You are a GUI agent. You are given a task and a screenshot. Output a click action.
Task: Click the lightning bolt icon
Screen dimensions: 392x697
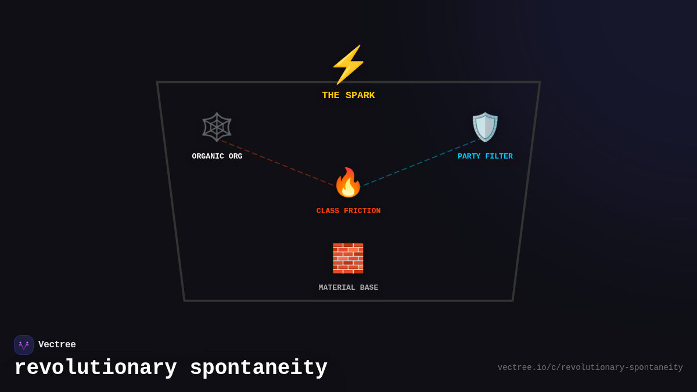coord(348,64)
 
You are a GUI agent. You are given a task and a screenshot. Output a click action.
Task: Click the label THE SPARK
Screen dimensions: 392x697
coord(348,96)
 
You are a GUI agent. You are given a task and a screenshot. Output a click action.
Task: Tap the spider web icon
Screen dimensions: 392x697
coord(217,127)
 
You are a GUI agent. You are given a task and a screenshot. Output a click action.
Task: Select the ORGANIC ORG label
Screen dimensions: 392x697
coord(217,156)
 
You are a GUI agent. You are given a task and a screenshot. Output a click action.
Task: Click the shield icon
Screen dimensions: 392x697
coord(485,127)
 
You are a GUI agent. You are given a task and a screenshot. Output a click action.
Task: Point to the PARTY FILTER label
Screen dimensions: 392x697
coord(485,156)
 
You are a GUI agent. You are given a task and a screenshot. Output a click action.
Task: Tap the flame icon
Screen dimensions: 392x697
coord(348,183)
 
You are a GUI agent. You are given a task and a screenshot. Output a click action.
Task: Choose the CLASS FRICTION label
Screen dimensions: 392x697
coord(348,211)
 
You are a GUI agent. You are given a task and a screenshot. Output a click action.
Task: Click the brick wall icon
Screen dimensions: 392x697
coord(348,258)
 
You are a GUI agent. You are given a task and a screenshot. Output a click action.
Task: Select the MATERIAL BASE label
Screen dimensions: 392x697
coord(348,287)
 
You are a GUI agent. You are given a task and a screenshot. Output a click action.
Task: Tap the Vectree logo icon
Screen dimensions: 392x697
coord(24,345)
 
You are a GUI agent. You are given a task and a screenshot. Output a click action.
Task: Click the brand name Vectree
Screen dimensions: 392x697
coord(57,345)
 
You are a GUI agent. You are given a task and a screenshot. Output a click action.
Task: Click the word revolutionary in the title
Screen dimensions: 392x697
coord(95,368)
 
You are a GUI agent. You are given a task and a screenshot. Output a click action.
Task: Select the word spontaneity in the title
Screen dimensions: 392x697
coord(258,368)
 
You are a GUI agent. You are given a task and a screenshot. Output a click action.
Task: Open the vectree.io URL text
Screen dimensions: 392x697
coord(590,368)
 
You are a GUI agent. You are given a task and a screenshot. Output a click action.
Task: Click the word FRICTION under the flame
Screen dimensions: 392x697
coord(362,211)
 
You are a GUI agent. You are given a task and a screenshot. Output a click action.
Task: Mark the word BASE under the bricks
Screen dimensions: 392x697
coord(369,287)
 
